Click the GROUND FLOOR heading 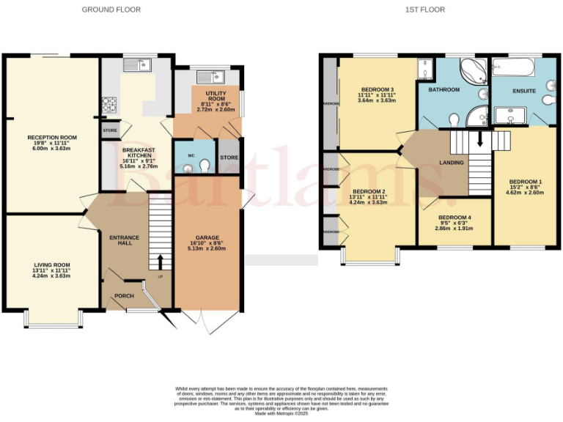click(x=111, y=10)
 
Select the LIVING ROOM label click(x=51, y=269)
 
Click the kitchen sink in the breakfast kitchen click(x=137, y=66)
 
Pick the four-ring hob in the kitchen click(x=109, y=104)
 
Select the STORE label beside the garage click(x=229, y=158)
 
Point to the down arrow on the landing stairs click(x=480, y=139)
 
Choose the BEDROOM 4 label click(x=455, y=218)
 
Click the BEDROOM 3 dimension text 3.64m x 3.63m click(x=377, y=100)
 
